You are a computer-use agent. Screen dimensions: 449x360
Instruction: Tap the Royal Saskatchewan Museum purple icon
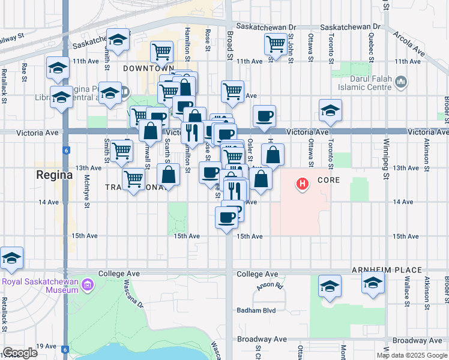[x=88, y=284]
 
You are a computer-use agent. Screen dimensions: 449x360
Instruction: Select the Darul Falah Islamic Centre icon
[x=402, y=82]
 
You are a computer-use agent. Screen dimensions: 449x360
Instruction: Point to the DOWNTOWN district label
[x=144, y=68]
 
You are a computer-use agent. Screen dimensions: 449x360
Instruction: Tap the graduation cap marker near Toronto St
[x=330, y=110]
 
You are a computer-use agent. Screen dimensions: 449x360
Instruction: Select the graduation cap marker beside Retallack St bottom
[x=11, y=258]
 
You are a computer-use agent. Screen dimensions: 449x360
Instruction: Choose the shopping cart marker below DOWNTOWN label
[x=161, y=52]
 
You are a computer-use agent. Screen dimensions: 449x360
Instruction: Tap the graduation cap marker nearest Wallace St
[x=373, y=283]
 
